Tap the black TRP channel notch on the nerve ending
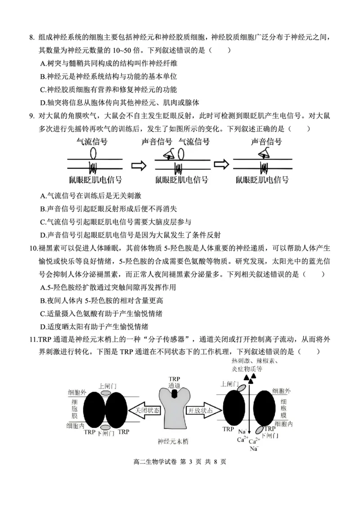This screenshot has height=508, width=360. click(175, 393)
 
